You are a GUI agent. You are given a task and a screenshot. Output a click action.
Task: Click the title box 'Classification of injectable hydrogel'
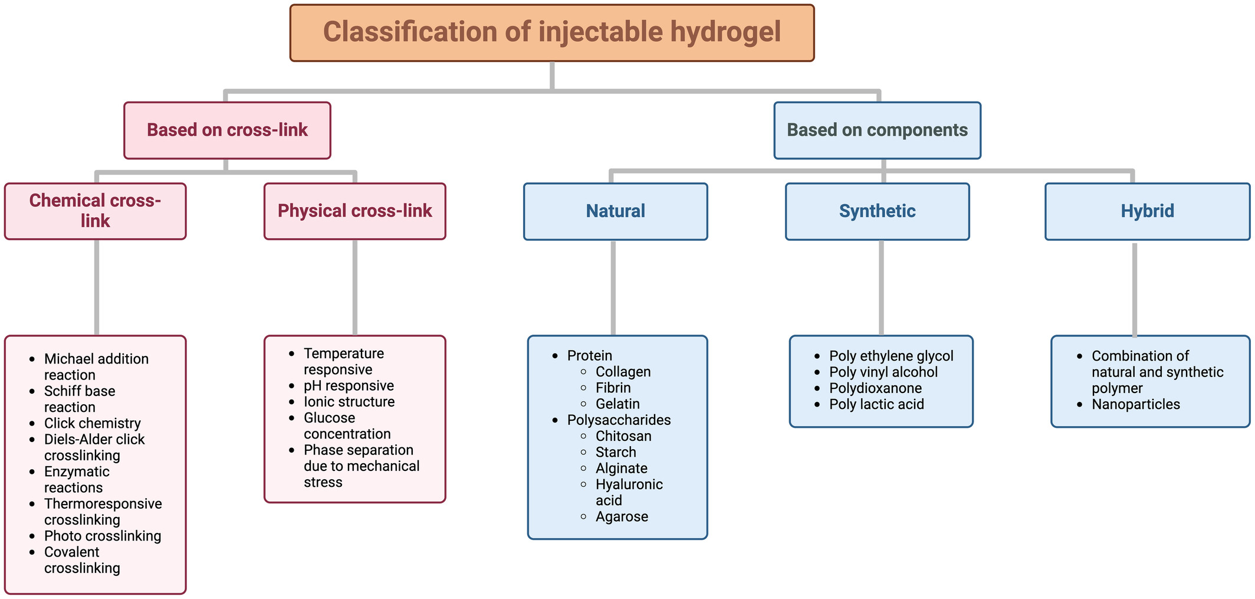(552, 33)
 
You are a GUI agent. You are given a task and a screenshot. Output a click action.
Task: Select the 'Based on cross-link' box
(227, 130)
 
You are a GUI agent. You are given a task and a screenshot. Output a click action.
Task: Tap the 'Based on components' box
(878, 130)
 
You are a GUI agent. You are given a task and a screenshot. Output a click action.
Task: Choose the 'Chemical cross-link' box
(96, 211)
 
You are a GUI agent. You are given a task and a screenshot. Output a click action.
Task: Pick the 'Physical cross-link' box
(355, 211)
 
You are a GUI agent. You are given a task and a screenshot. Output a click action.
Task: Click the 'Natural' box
(616, 211)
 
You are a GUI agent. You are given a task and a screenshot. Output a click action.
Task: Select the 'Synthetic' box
(878, 211)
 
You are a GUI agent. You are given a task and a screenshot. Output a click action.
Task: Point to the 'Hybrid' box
(1148, 211)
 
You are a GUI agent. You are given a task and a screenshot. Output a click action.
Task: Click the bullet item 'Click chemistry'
(93, 423)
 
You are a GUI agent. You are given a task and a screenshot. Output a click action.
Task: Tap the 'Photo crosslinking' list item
(103, 536)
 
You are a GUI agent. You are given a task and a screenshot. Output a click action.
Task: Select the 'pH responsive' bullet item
(349, 385)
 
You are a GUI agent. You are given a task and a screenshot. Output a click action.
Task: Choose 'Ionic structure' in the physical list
(349, 402)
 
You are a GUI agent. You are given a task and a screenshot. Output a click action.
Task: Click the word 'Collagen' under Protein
(623, 372)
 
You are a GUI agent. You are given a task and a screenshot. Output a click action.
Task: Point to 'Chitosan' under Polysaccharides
(623, 436)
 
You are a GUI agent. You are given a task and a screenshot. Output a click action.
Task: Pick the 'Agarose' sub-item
(622, 516)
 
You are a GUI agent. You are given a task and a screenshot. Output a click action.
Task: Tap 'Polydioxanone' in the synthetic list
(876, 388)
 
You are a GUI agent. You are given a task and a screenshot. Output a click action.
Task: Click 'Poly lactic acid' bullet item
(876, 404)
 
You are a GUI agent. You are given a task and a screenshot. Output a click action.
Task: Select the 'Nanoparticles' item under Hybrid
(1136, 404)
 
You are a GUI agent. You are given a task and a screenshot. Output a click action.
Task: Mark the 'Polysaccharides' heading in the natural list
(619, 420)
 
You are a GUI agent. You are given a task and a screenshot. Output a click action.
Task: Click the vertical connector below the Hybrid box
(1135, 289)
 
